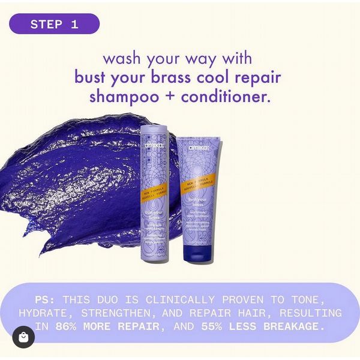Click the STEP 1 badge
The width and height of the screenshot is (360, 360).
tap(54, 25)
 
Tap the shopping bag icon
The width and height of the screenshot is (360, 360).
tap(23, 337)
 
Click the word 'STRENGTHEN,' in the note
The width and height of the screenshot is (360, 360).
tap(126, 313)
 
